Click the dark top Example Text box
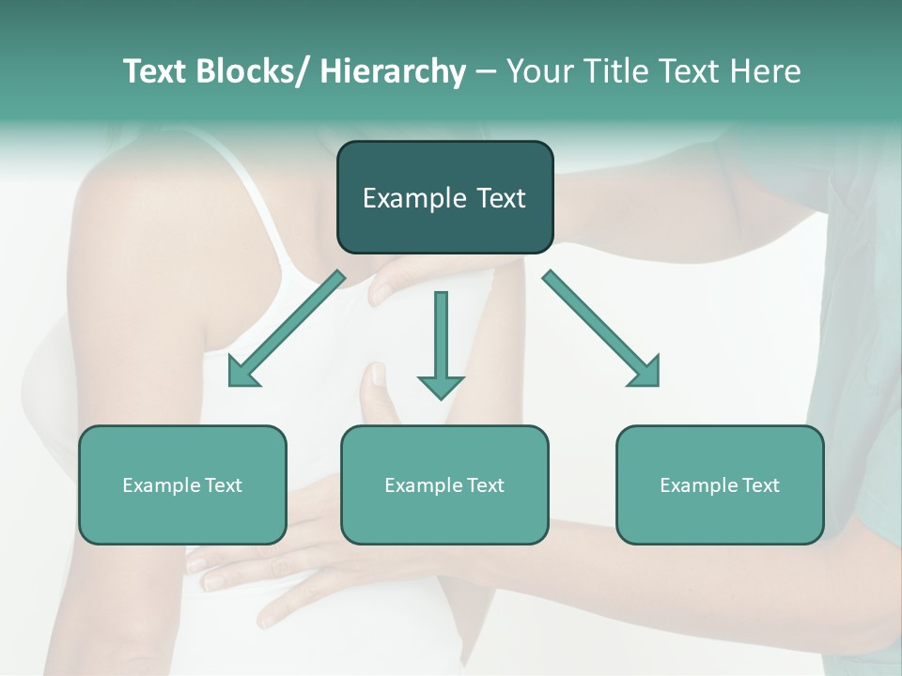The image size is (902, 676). (444, 197)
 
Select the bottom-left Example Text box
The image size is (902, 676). (182, 484)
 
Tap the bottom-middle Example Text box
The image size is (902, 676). (444, 484)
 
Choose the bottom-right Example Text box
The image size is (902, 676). (720, 484)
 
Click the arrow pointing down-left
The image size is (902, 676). (287, 329)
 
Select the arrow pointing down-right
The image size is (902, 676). (601, 329)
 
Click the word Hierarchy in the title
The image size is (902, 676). (393, 71)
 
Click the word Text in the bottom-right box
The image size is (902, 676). (759, 484)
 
